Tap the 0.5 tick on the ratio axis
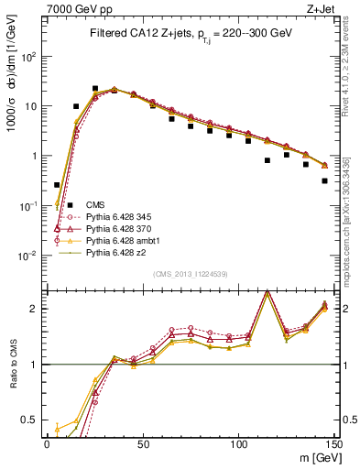(31, 420)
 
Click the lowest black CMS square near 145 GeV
(325, 180)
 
